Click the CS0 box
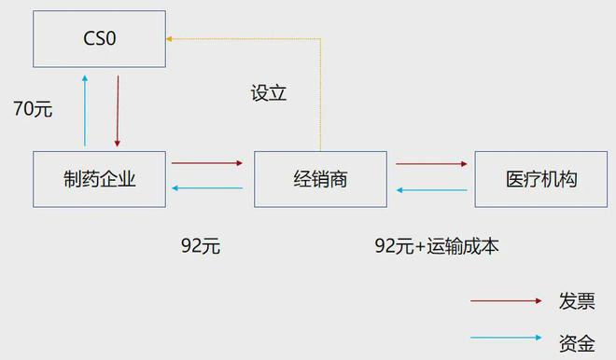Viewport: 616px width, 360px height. (x=99, y=39)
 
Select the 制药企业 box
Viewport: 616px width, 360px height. (x=99, y=178)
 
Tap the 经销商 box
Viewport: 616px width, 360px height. (x=320, y=178)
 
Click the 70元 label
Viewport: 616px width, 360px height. (x=33, y=109)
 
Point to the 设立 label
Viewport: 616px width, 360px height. (x=269, y=93)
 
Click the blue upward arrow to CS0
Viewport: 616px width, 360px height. (x=85, y=112)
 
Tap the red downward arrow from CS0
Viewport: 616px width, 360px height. (x=118, y=112)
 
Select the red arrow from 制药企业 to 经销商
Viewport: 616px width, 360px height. (x=207, y=164)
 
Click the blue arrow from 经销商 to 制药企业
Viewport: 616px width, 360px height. (x=207, y=189)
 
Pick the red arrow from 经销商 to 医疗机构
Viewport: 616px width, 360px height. (x=431, y=164)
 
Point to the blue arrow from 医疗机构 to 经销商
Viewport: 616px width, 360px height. (x=431, y=189)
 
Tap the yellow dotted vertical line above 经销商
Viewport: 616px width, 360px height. (x=320, y=93)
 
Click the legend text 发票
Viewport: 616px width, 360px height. (x=576, y=300)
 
